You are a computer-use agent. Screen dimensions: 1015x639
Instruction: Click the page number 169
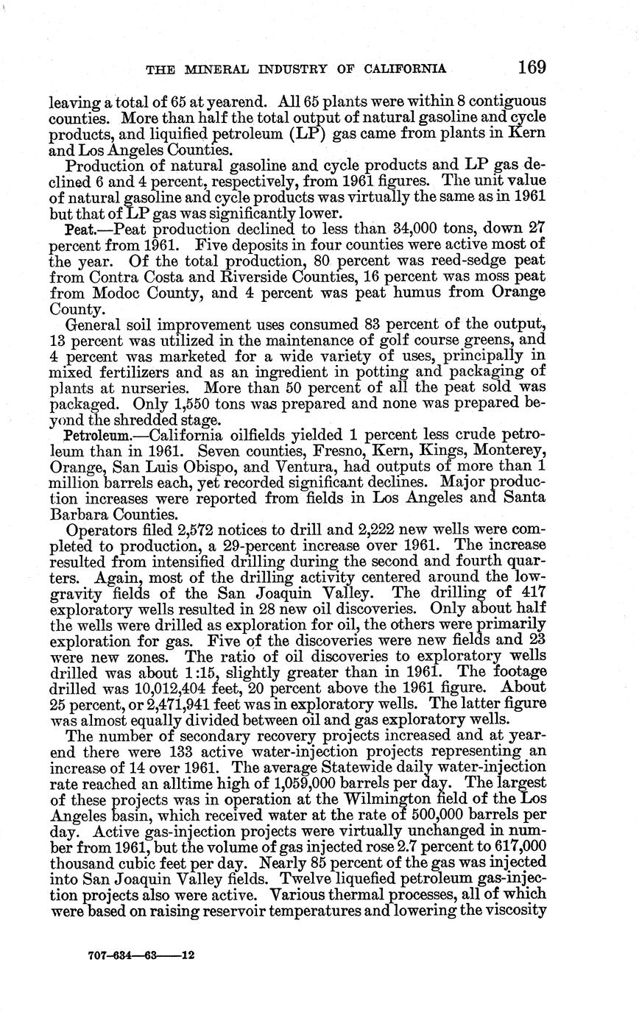pos(532,68)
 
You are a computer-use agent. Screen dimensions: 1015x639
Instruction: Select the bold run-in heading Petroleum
pos(99,436)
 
